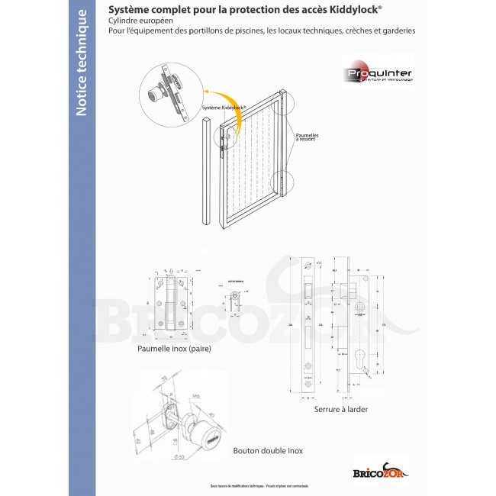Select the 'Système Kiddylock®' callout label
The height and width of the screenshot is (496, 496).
(x=224, y=109)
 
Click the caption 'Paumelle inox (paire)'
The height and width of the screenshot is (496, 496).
(x=174, y=349)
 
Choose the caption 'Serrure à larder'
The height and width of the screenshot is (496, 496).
(x=340, y=409)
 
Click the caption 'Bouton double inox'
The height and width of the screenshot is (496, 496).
(x=268, y=450)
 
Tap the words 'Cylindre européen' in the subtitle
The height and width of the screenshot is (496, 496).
(x=141, y=21)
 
